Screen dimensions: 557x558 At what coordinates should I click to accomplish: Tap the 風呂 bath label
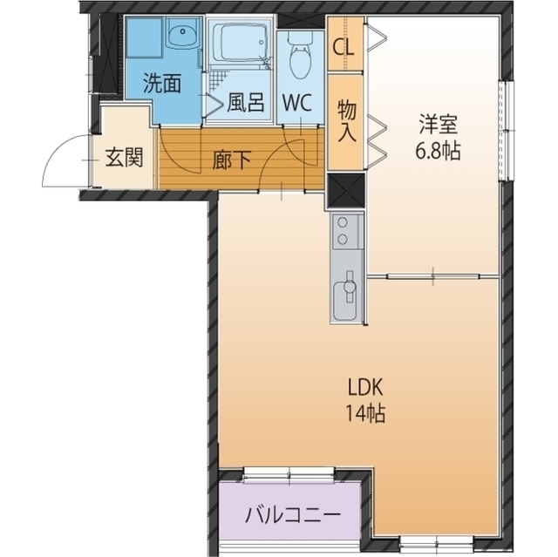pyautogui.click(x=245, y=102)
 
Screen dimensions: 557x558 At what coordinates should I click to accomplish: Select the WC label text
pyautogui.click(x=296, y=102)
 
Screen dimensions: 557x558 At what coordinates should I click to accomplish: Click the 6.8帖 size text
pyautogui.click(x=437, y=149)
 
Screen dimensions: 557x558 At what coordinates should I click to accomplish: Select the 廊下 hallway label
pyautogui.click(x=232, y=160)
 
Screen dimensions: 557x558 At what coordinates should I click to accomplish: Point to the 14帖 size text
pyautogui.click(x=366, y=412)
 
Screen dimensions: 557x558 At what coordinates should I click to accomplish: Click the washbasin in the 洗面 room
pyautogui.click(x=182, y=38)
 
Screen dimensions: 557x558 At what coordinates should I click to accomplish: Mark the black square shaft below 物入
pyautogui.click(x=345, y=190)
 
